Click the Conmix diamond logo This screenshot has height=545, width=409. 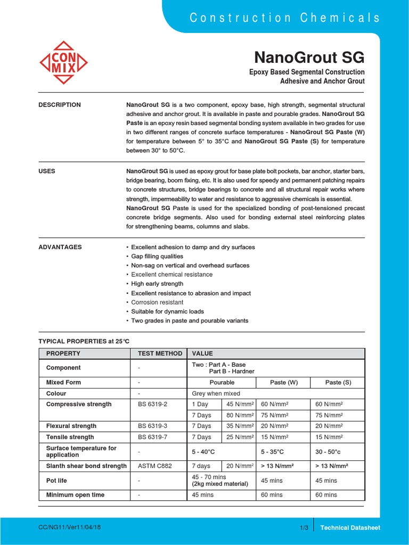64,63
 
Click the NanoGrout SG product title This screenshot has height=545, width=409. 309,57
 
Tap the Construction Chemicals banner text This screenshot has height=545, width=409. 285,18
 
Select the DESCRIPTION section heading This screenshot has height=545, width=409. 60,105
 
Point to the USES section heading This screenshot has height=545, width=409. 47,171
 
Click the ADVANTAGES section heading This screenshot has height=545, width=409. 60,247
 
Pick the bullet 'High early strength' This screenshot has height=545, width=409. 157,284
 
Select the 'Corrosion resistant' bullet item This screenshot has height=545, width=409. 157,302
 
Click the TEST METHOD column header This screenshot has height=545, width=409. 160,353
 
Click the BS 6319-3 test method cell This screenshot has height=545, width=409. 152,426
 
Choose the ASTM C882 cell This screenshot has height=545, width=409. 153,466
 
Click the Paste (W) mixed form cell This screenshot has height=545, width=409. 284,383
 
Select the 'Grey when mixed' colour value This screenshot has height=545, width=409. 216,394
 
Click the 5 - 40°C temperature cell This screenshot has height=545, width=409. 203,451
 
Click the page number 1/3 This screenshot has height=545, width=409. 304,527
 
